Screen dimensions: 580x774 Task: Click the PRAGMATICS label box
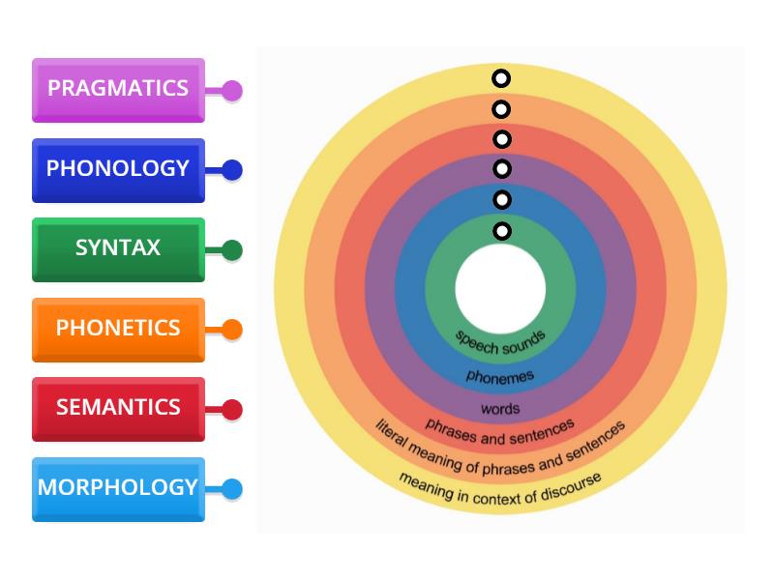(x=118, y=89)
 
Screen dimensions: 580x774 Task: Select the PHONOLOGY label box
(x=118, y=169)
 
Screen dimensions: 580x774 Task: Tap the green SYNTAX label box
(x=118, y=249)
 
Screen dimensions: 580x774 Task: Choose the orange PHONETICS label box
(x=118, y=329)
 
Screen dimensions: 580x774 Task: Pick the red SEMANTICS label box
(x=118, y=408)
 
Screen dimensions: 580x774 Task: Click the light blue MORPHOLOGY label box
(x=118, y=488)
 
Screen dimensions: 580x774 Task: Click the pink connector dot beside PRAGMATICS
(x=231, y=91)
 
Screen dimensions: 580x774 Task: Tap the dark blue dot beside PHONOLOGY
(x=231, y=170)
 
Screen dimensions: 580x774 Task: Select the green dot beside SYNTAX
(x=231, y=250)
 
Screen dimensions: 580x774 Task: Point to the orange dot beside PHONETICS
(x=231, y=330)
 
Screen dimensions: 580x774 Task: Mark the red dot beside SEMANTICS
(x=231, y=410)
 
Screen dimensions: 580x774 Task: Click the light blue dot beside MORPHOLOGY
(x=231, y=489)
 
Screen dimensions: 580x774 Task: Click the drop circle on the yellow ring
(x=500, y=78)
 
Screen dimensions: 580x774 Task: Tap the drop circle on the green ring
(x=500, y=231)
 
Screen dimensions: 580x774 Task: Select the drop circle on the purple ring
(x=500, y=169)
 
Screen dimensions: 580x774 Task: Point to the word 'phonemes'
(x=500, y=375)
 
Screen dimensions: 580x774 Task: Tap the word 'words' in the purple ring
(x=500, y=408)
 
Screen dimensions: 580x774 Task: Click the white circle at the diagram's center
(x=500, y=288)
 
